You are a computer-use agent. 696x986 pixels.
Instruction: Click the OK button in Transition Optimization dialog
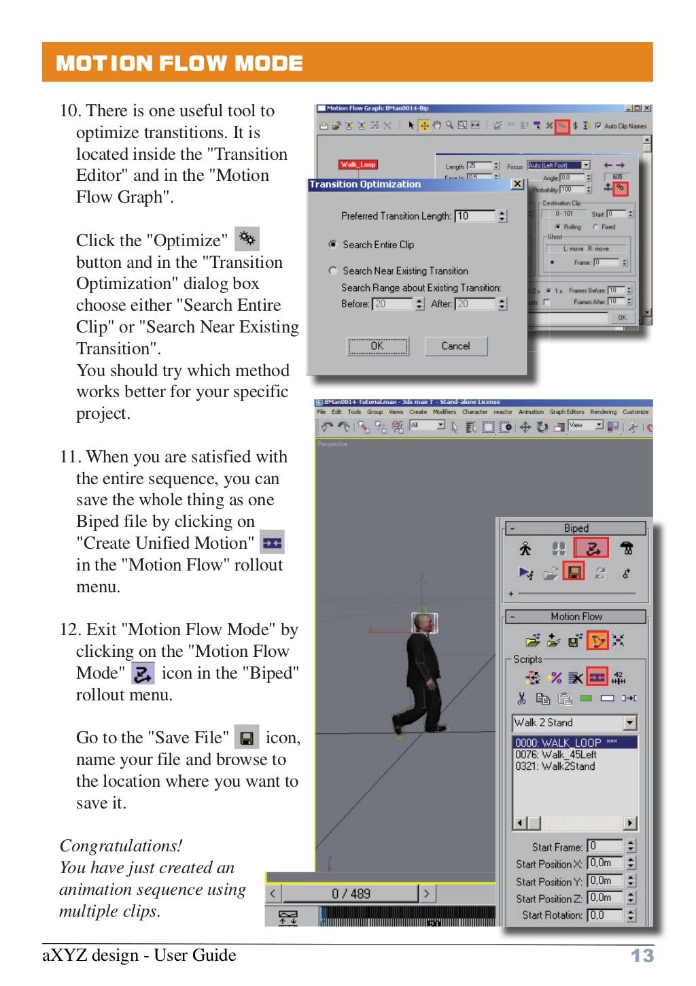378,346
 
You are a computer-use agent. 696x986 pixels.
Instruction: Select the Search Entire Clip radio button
333,244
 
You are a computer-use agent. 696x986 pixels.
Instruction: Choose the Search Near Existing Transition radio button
333,271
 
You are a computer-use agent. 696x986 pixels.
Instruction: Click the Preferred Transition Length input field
475,216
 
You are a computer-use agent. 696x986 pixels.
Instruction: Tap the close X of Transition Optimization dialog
517,184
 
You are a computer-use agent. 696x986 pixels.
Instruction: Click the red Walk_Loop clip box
358,165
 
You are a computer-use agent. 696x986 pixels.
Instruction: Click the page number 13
642,955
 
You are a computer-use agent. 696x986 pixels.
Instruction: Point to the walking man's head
424,623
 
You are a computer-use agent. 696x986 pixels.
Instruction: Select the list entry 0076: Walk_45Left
556,755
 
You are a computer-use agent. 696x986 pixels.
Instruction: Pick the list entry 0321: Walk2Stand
555,766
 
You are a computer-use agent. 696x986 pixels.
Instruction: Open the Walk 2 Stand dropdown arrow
630,723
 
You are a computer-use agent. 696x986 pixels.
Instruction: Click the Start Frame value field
605,846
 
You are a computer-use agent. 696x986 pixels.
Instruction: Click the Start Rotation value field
605,915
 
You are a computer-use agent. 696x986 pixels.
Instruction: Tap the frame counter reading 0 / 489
351,894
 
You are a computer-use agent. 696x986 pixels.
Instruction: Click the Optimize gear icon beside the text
247,239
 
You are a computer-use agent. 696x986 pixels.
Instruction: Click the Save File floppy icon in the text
247,738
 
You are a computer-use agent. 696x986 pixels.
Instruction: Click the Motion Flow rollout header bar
576,617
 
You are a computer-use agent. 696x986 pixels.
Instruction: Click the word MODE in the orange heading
268,63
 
